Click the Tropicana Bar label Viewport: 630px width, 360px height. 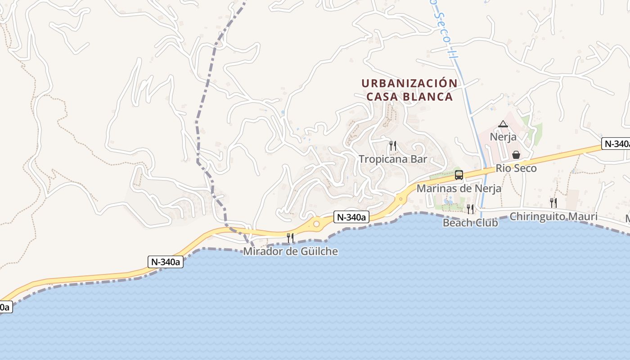click(393, 159)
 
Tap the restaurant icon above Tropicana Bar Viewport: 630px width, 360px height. click(393, 145)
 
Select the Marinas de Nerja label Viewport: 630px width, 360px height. click(459, 188)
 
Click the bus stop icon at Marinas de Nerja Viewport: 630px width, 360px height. click(459, 175)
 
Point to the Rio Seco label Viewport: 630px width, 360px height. click(516, 168)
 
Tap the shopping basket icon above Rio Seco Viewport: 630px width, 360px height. click(516, 155)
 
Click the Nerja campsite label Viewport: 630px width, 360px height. click(503, 136)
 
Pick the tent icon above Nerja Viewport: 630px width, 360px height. click(503, 124)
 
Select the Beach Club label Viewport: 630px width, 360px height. click(470, 222)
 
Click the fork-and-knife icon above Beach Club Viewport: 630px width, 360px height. click(470, 209)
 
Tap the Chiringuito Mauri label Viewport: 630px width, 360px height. click(553, 216)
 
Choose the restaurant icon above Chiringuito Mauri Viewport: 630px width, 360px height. click(553, 202)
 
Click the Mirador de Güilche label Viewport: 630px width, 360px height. click(290, 251)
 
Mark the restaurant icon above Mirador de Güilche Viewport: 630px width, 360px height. click(290, 238)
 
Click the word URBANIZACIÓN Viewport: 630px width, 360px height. click(409, 83)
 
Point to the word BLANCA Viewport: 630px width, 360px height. click(431, 97)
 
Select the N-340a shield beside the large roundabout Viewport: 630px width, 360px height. click(351, 217)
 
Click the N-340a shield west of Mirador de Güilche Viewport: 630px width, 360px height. click(166, 262)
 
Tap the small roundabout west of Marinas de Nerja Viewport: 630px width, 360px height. click(400, 198)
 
